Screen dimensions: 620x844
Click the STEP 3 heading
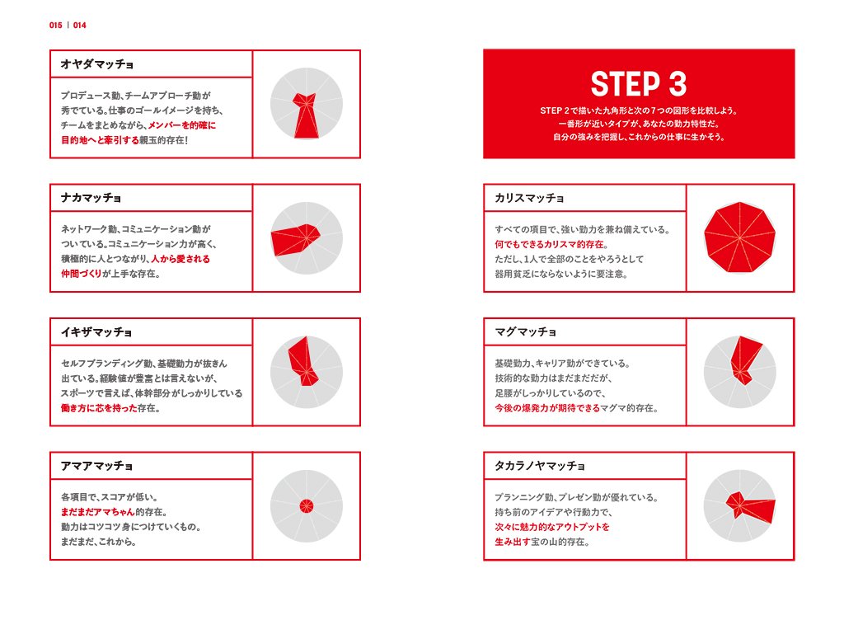point(638,84)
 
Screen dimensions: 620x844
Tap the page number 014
point(79,26)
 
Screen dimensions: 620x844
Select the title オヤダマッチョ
point(97,63)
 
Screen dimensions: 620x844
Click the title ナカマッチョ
point(91,198)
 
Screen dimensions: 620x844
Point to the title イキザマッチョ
point(96,332)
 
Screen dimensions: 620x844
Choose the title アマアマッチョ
point(96,466)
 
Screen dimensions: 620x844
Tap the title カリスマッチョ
point(530,198)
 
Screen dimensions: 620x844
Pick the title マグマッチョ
point(525,332)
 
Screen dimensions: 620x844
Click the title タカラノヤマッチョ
point(540,466)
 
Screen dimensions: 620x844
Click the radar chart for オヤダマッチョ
point(306,104)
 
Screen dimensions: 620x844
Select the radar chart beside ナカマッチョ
point(306,238)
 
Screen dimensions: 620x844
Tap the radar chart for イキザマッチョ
point(306,372)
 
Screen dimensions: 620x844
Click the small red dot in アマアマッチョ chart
point(306,505)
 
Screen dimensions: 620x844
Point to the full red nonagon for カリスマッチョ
point(739,238)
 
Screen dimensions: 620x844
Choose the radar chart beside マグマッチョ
point(739,372)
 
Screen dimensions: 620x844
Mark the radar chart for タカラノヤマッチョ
point(739,505)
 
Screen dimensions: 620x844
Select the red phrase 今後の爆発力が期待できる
point(547,408)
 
